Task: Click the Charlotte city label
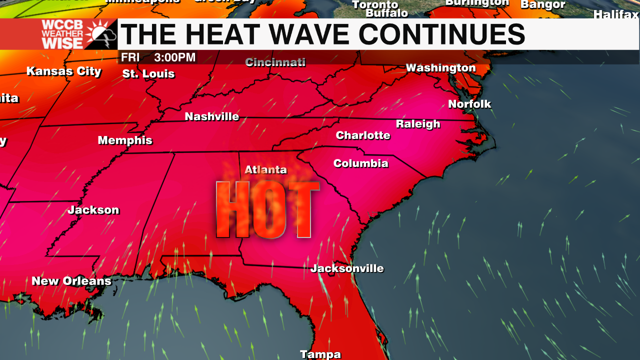click(363, 135)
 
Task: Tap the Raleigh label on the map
click(418, 124)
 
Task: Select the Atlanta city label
click(265, 170)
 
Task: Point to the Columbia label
click(360, 163)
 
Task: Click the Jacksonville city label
click(347, 268)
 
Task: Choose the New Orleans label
click(71, 281)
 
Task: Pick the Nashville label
click(212, 116)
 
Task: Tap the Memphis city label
click(125, 140)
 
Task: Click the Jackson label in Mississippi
click(93, 210)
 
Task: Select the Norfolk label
click(469, 104)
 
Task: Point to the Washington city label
click(440, 67)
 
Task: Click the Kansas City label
click(64, 71)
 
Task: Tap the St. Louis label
click(148, 74)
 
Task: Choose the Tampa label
click(320, 354)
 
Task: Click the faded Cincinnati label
click(275, 62)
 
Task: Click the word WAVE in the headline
click(296, 34)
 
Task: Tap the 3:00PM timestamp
click(174, 57)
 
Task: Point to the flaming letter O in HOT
click(267, 210)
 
